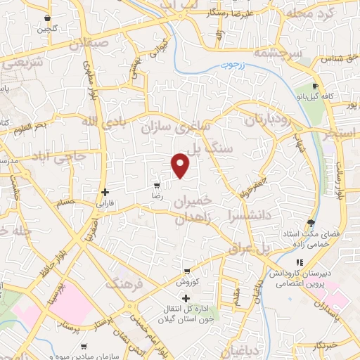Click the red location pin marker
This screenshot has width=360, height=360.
pyautogui.click(x=181, y=165)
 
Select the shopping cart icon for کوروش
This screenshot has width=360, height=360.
pyautogui.click(x=186, y=271)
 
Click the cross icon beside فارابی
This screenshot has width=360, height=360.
pyautogui.click(x=105, y=192)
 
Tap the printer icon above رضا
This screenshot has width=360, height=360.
pyautogui.click(x=156, y=186)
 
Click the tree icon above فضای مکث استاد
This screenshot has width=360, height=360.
pyautogui.click(x=310, y=224)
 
